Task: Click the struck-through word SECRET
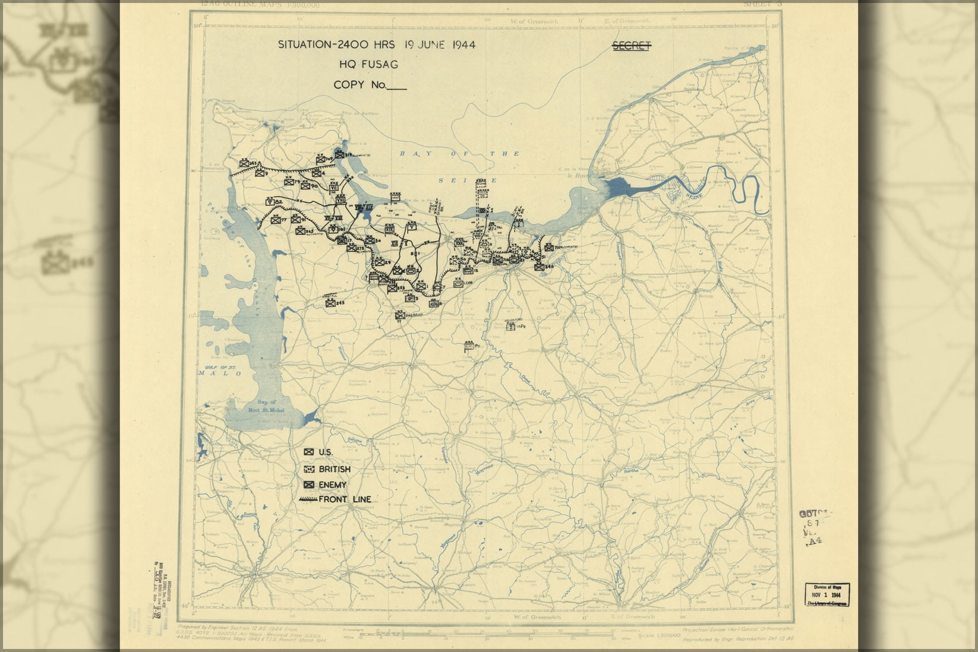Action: pos(632,46)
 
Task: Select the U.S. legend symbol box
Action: pos(309,452)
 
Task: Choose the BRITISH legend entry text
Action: pos(335,469)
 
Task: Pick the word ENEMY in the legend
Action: pos(332,485)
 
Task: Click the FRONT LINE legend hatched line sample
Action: pos(309,500)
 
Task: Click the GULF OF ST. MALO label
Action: pos(218,371)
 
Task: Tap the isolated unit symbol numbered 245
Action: pos(330,303)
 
